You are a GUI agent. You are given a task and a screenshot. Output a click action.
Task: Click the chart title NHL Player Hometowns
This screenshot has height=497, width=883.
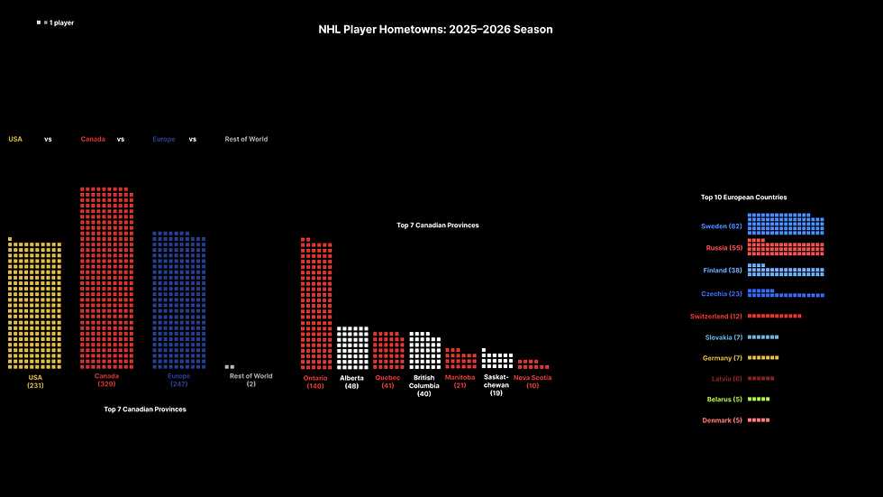[x=435, y=29]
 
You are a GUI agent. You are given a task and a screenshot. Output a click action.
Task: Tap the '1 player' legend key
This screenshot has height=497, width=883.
[x=55, y=23]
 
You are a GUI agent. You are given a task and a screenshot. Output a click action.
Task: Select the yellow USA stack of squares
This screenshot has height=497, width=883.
[x=35, y=305]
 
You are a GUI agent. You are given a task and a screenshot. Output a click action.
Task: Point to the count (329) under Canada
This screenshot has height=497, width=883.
[x=107, y=384]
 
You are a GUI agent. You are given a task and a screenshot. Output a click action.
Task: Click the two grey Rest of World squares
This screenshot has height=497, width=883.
[x=230, y=367]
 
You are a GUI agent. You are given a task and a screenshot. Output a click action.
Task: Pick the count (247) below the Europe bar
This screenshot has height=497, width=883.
[x=178, y=384]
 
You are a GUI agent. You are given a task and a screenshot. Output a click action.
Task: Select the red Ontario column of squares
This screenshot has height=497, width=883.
[x=315, y=305]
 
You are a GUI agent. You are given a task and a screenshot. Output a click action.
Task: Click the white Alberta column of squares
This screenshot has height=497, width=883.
[x=352, y=348]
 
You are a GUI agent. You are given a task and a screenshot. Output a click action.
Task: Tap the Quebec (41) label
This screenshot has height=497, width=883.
[x=387, y=382]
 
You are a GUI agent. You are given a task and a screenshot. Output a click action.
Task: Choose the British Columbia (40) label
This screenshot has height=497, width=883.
[x=424, y=385]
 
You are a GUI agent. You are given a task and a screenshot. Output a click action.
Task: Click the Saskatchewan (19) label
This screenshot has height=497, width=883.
[x=496, y=385]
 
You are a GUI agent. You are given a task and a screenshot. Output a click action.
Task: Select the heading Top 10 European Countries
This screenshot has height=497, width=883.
[x=743, y=197]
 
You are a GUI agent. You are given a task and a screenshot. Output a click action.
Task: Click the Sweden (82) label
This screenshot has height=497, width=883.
[x=722, y=226]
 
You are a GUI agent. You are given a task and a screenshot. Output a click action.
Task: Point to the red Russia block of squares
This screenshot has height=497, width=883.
[x=786, y=248]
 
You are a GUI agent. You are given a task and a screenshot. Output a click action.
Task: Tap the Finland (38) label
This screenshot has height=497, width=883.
[x=723, y=271]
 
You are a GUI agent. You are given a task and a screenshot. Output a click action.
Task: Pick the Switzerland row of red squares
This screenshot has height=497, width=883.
[x=774, y=316]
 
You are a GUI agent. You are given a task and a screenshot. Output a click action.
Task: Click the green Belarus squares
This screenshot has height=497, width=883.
[x=759, y=399]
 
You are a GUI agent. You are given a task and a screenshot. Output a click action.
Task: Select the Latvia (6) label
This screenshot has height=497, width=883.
[x=726, y=378]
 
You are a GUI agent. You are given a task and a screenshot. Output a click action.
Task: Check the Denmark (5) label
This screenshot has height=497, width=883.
[x=723, y=420]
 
